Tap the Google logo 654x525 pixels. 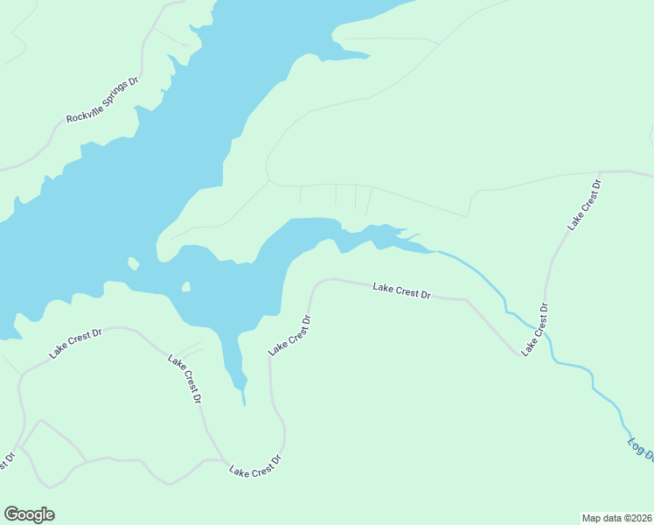click(x=29, y=514)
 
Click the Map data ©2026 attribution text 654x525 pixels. click(x=616, y=518)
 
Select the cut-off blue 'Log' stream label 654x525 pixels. click(x=640, y=447)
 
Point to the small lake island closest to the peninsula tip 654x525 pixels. click(x=132, y=262)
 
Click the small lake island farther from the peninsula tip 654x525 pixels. click(x=186, y=286)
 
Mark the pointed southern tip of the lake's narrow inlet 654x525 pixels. click(x=245, y=405)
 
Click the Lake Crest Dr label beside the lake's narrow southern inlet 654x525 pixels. click(x=290, y=335)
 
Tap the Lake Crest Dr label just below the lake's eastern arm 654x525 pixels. click(x=401, y=290)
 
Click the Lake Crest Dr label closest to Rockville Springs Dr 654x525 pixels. click(x=76, y=342)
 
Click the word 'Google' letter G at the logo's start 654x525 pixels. click(x=10, y=514)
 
